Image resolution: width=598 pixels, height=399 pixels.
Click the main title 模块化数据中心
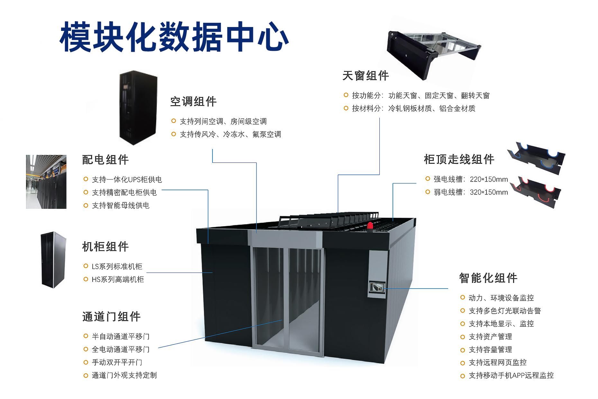click(174, 37)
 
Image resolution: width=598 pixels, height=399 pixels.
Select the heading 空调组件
click(193, 102)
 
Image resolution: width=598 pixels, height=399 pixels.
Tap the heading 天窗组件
click(366, 76)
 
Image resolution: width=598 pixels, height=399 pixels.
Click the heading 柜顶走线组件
click(459, 159)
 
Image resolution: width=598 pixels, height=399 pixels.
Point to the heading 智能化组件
click(488, 278)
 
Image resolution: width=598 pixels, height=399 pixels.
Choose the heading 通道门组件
click(111, 317)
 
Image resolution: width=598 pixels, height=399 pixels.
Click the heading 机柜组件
click(105, 247)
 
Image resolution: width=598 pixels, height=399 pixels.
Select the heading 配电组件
click(105, 160)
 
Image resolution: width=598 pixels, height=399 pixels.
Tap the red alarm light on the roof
click(370, 226)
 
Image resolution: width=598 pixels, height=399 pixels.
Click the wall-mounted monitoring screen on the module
click(376, 287)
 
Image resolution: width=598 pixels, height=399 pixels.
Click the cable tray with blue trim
click(535, 158)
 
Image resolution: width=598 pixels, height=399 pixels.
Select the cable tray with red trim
click(535, 191)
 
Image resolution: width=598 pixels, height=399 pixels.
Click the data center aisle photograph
click(46, 182)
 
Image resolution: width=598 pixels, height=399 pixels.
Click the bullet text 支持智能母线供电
click(121, 205)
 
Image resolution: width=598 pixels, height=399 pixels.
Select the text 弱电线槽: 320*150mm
click(470, 192)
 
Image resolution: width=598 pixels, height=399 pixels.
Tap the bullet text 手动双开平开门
click(117, 362)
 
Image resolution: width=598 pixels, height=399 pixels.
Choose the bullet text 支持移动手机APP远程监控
click(511, 375)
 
